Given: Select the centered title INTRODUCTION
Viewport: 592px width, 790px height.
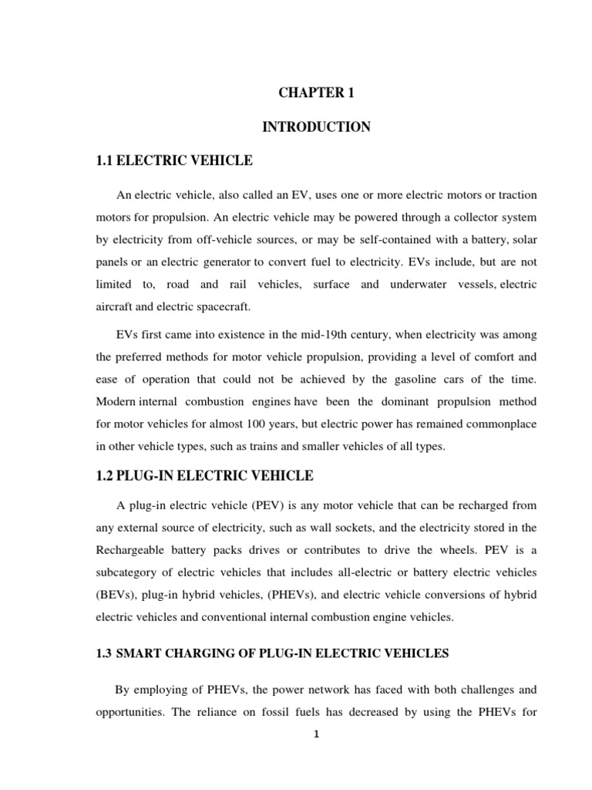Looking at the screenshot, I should [316, 127].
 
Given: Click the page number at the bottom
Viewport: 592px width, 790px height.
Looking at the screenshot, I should [316, 734].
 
